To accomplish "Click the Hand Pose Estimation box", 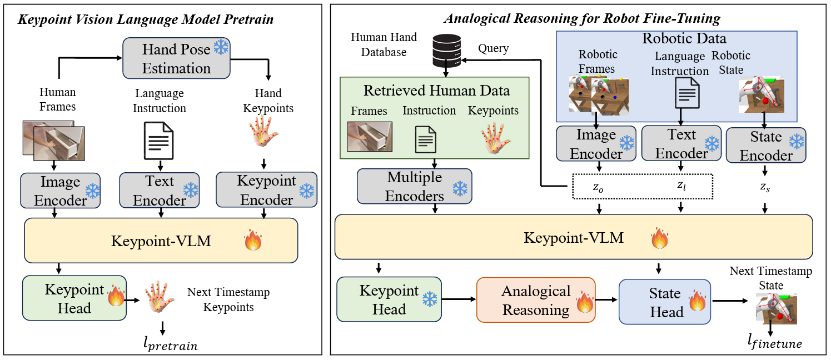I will click(176, 58).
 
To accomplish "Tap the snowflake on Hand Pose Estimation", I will click(221, 48).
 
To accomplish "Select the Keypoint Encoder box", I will click(266, 190).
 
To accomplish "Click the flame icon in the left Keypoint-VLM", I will click(253, 241).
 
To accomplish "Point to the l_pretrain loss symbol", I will click(170, 345).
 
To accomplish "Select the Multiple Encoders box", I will click(414, 187).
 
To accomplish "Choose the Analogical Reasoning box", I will click(536, 300).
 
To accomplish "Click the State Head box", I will click(665, 302).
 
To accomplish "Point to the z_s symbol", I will click(765, 189).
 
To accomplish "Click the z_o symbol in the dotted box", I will click(598, 188).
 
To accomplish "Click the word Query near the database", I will click(493, 48).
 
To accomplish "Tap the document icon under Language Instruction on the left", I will click(159, 141).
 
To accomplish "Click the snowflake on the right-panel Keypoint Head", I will click(430, 300).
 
